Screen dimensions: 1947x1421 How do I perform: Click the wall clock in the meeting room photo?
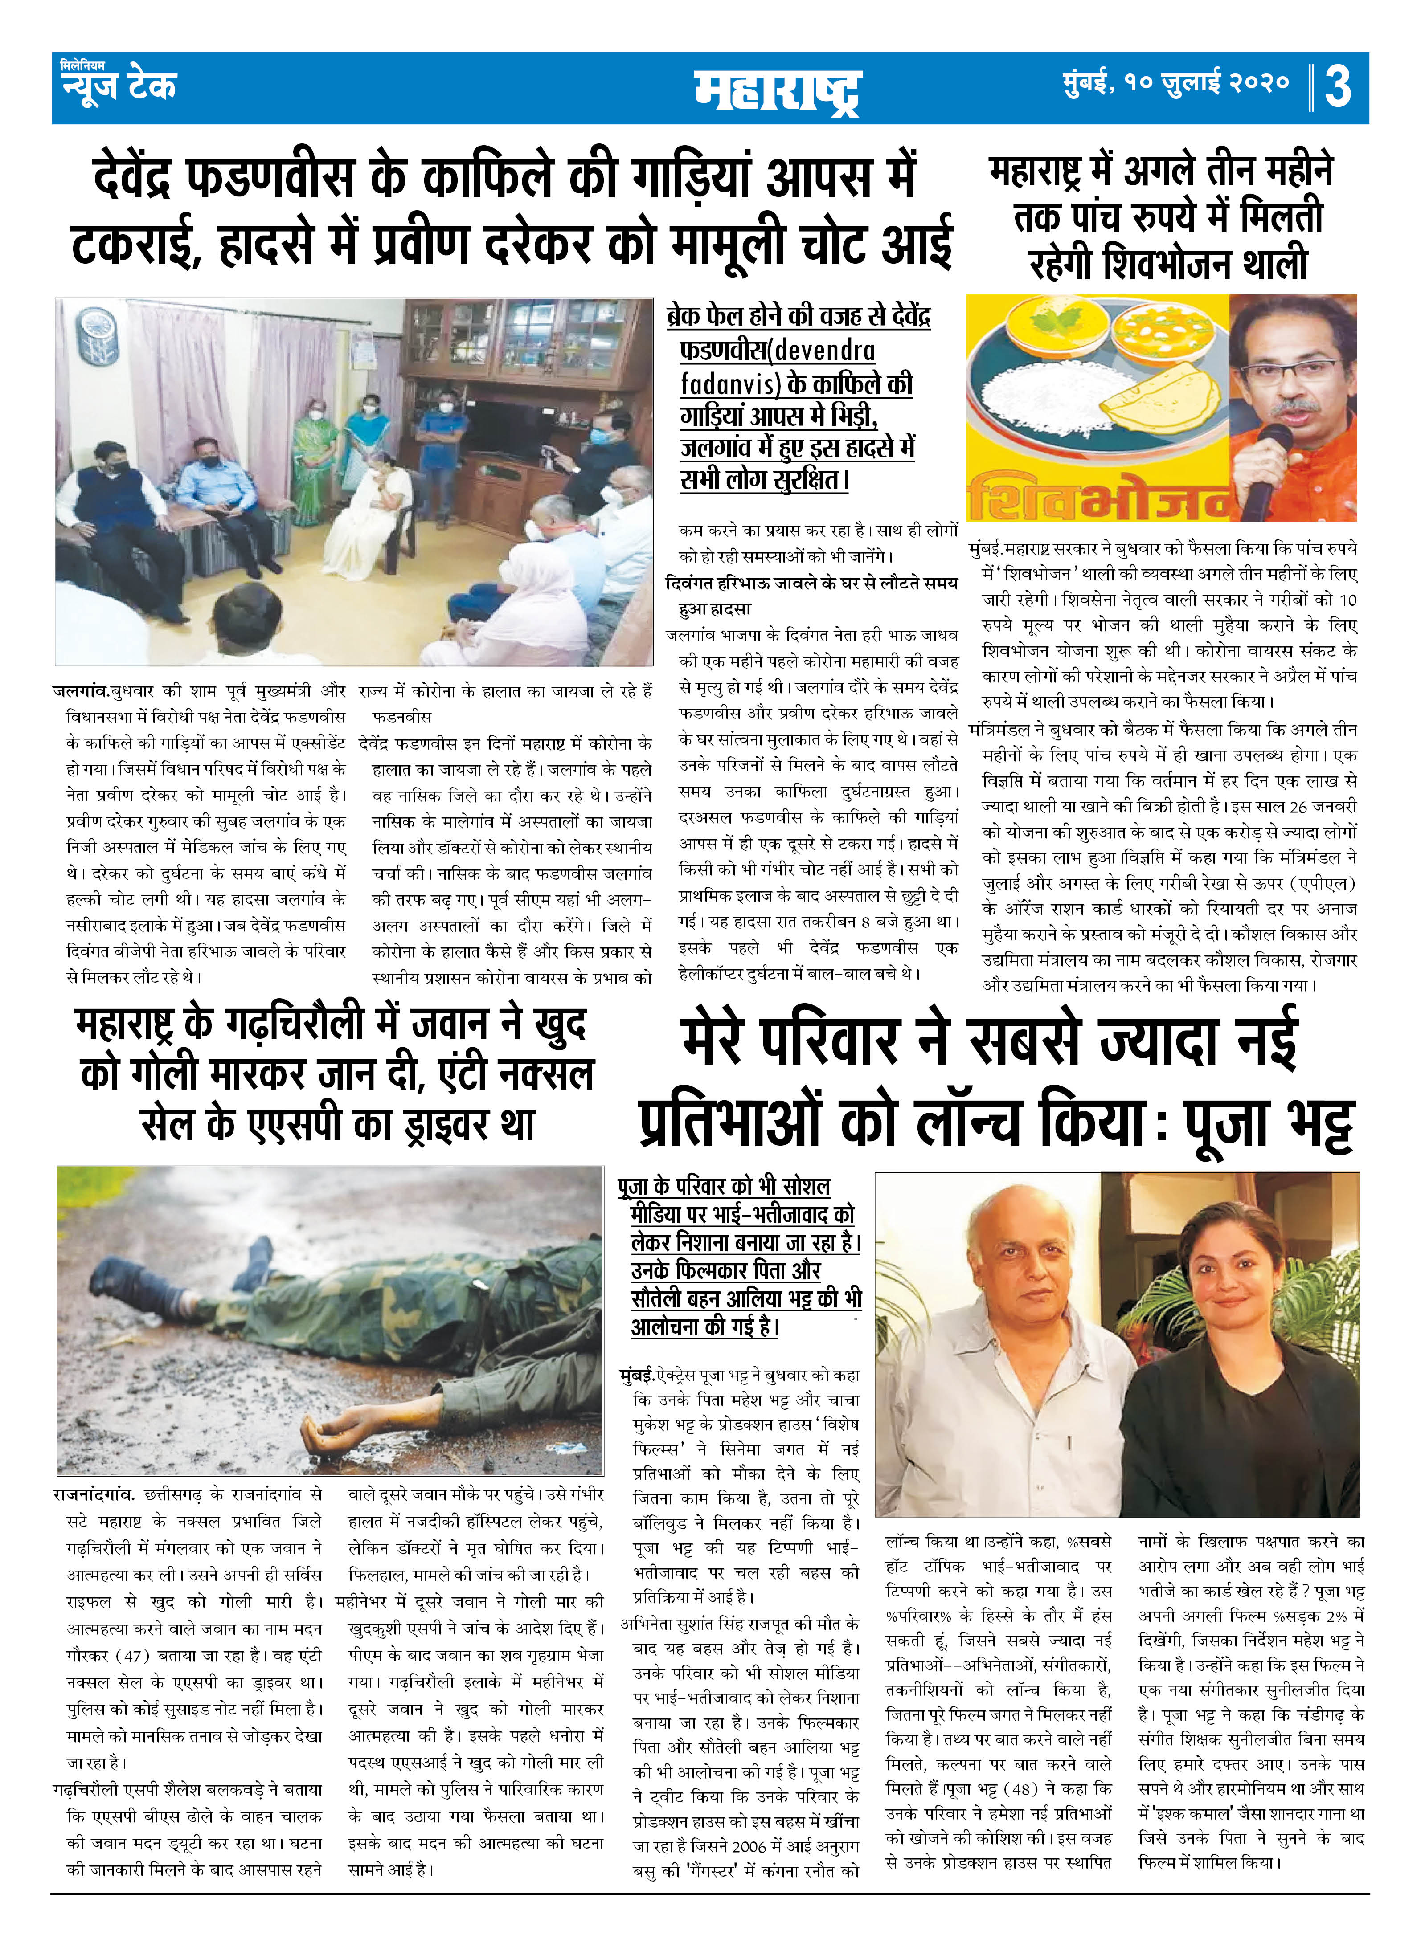click(x=96, y=328)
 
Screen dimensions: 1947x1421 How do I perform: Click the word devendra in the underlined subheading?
click(x=826, y=351)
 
